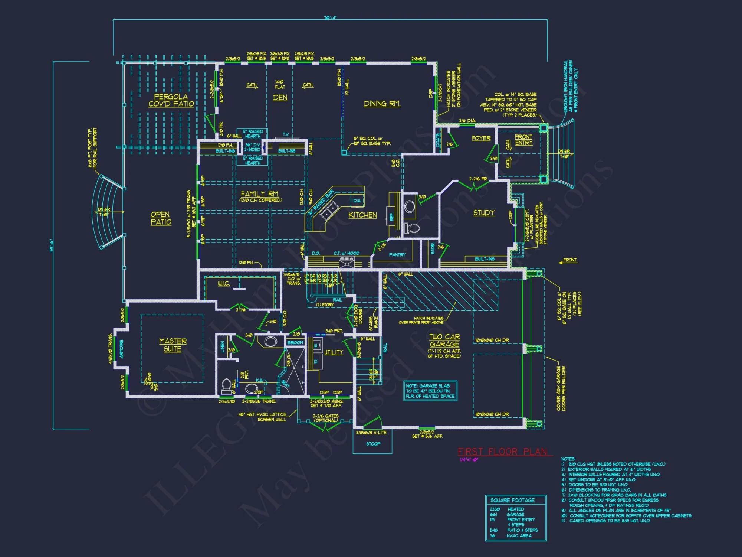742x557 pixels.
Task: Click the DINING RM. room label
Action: (x=382, y=104)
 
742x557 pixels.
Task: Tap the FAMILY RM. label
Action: (x=260, y=194)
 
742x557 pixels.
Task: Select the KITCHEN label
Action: (x=362, y=215)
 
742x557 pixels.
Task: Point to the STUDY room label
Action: (x=484, y=213)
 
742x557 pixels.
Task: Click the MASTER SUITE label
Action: (x=173, y=345)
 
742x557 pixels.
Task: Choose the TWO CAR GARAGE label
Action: (x=444, y=341)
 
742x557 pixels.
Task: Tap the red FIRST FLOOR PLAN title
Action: (x=502, y=452)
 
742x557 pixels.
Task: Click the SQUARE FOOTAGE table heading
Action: (x=512, y=500)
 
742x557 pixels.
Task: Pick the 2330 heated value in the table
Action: (x=495, y=509)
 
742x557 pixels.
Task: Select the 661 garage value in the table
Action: (x=493, y=515)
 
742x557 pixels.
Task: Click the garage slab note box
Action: (x=430, y=391)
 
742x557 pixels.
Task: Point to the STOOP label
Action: (x=373, y=444)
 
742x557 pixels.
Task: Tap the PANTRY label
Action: (x=397, y=255)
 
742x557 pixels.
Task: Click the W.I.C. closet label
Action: (x=223, y=284)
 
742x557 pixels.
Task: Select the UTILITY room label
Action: (x=334, y=352)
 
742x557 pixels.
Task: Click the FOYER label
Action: (x=481, y=138)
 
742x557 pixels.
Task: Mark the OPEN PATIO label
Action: (x=161, y=218)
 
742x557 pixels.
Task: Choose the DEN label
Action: (x=280, y=97)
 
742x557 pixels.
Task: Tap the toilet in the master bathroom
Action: (x=226, y=386)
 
